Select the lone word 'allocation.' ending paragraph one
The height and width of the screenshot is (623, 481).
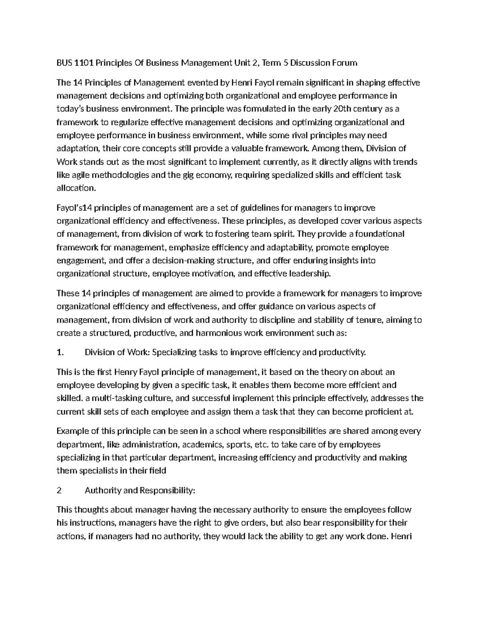pyautogui.click(x=77, y=188)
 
